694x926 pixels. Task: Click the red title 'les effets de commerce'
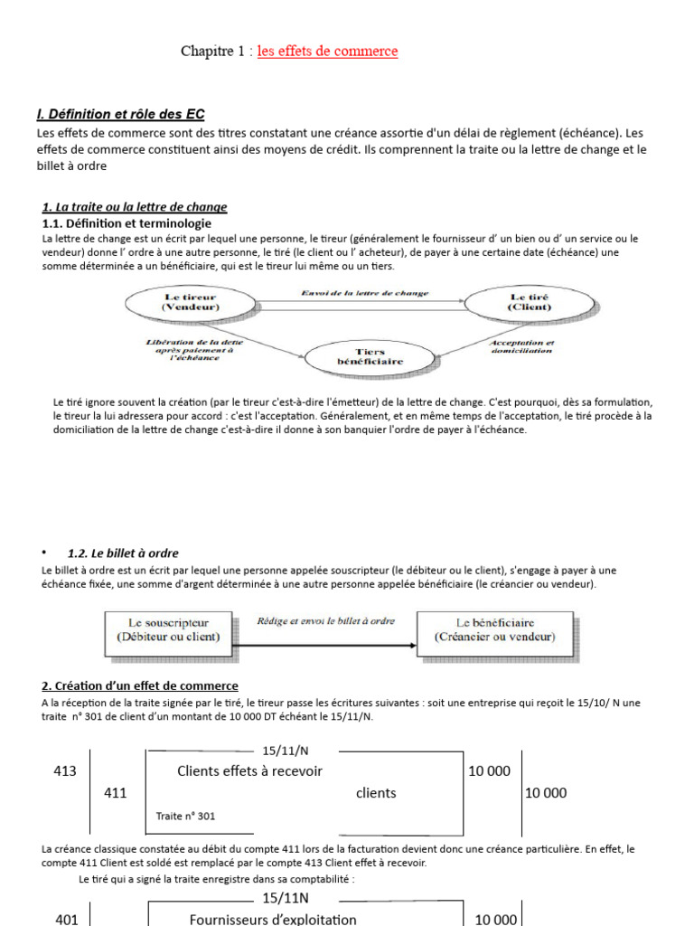tap(327, 52)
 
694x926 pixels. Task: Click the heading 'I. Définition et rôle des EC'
tap(120, 114)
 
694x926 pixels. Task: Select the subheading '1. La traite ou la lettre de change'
tap(135, 207)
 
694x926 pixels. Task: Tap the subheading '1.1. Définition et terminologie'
tap(127, 222)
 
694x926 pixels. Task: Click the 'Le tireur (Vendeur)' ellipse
tap(191, 302)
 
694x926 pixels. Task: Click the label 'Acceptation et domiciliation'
tap(520, 346)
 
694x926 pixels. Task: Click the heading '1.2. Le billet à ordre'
tap(123, 553)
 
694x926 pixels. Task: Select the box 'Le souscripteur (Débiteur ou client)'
tap(168, 629)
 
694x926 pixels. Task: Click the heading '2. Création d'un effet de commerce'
tap(140, 686)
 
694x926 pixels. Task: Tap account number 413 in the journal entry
tap(66, 771)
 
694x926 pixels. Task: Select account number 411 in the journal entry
tap(115, 793)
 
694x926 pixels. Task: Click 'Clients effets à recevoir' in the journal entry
tap(249, 771)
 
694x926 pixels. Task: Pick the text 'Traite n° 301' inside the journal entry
tap(185, 816)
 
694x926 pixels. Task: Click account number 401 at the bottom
tap(66, 919)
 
